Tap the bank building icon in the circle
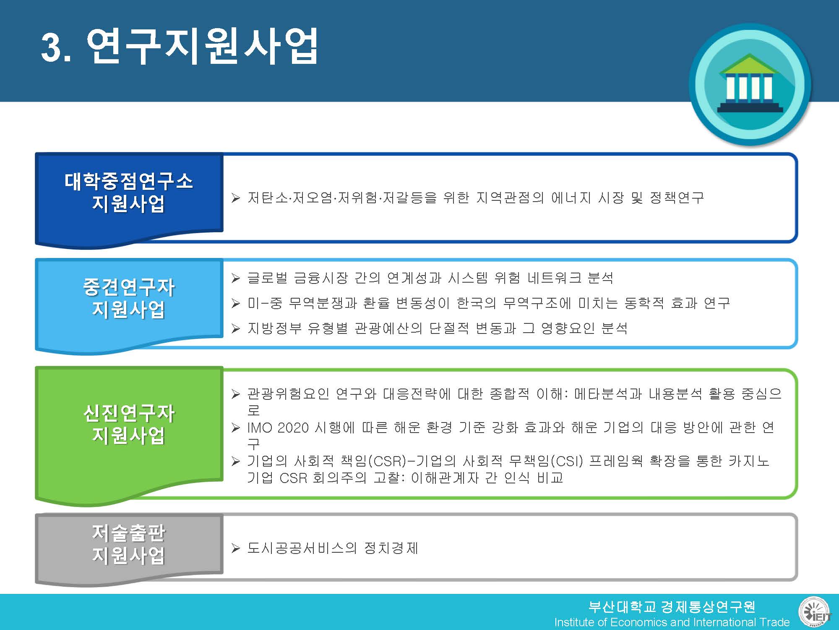(750, 84)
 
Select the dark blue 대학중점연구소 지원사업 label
(128, 192)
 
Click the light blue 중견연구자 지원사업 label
(128, 298)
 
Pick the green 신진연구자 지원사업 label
(128, 424)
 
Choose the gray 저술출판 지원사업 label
(128, 544)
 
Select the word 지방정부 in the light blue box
(274, 328)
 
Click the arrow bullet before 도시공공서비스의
(235, 548)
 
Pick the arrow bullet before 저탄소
(235, 198)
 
